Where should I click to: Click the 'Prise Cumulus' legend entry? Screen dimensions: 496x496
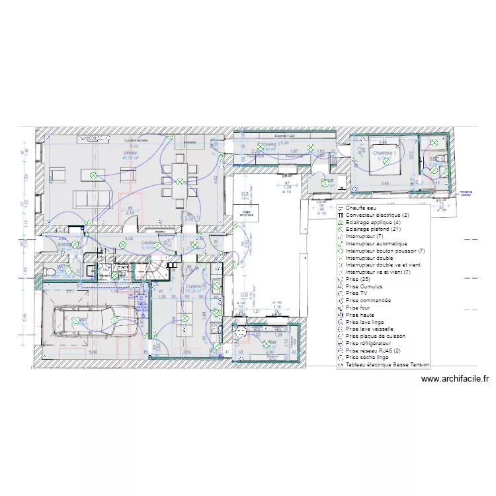(364, 286)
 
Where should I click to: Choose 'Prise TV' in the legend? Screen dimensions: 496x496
(356, 294)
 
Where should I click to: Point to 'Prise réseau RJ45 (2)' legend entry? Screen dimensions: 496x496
(374, 350)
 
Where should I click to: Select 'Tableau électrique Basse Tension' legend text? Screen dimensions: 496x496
(387, 364)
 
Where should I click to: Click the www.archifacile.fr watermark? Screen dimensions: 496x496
(455, 379)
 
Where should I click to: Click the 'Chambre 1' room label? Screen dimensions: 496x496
(384, 153)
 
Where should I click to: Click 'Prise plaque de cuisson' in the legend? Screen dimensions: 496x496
(374, 336)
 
